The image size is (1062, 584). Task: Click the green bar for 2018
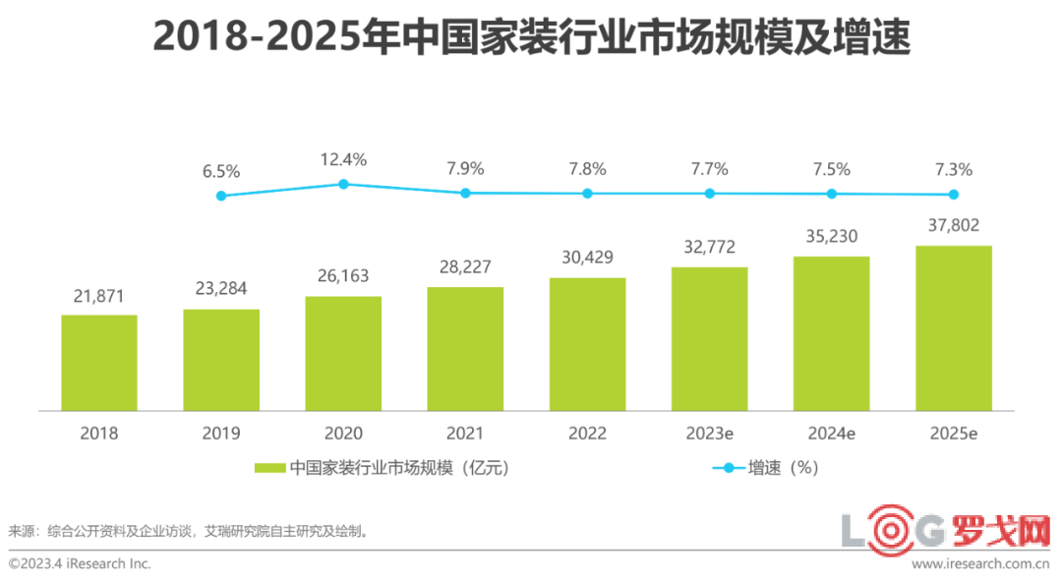(x=99, y=363)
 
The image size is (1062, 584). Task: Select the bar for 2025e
(x=953, y=328)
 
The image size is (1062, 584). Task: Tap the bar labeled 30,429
(x=587, y=344)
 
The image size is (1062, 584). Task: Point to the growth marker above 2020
(x=343, y=184)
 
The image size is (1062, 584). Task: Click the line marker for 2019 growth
(x=221, y=196)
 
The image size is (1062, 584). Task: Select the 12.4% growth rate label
(x=343, y=159)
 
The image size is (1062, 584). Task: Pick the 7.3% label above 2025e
(x=953, y=170)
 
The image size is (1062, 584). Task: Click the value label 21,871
(x=99, y=296)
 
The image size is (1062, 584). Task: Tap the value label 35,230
(x=831, y=236)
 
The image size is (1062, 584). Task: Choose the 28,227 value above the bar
(x=465, y=267)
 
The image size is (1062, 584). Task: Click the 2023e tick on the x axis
(x=709, y=434)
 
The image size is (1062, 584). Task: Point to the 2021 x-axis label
(x=465, y=434)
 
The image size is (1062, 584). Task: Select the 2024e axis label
(x=831, y=434)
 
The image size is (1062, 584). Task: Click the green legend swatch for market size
(x=269, y=468)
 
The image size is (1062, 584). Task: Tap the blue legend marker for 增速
(x=729, y=468)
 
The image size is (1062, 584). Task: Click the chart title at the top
(x=532, y=39)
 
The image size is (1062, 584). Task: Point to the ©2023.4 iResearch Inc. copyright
(x=80, y=564)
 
